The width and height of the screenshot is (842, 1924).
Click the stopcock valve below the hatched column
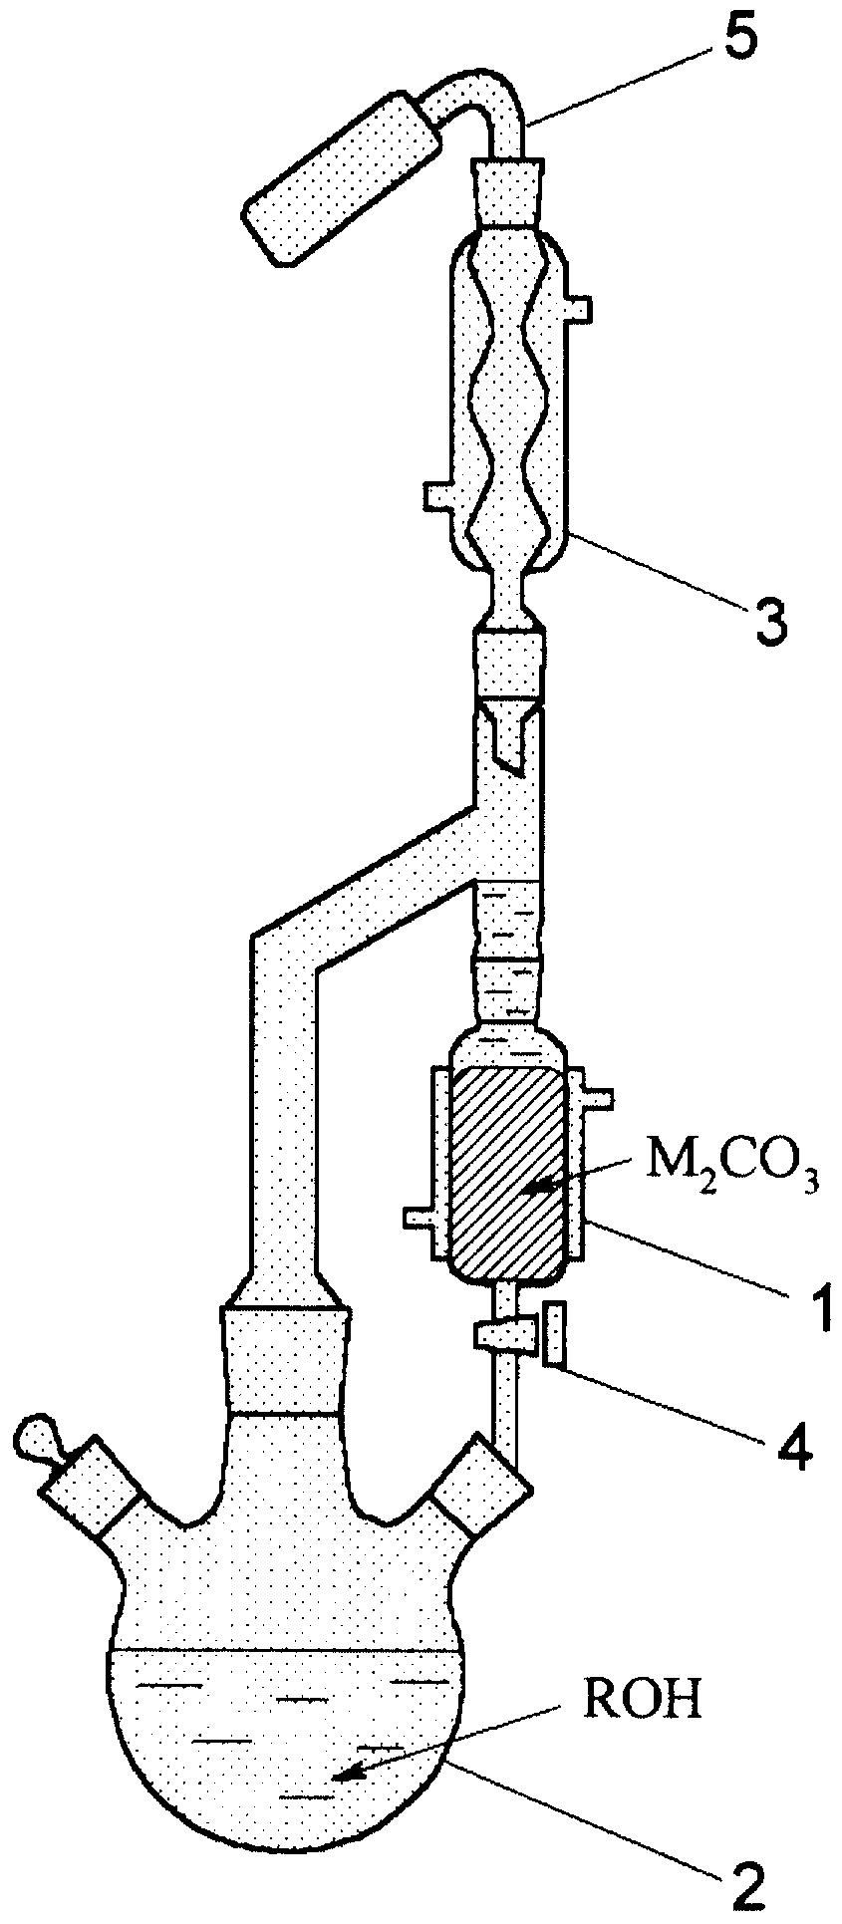pos(504,1333)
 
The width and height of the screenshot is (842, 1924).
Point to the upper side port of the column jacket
pos(596,1099)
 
